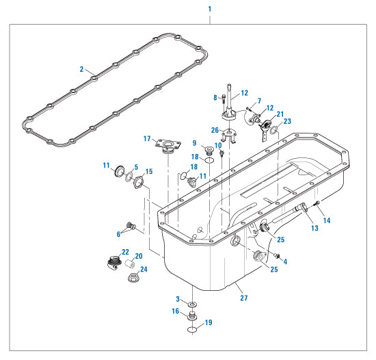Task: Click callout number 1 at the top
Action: click(x=209, y=10)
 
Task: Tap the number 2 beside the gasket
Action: click(x=81, y=69)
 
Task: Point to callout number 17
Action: click(x=146, y=139)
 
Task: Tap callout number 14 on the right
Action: click(x=327, y=220)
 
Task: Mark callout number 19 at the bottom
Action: click(x=209, y=322)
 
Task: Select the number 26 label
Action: click(x=215, y=130)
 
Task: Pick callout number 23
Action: click(x=287, y=121)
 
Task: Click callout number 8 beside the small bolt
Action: click(x=215, y=98)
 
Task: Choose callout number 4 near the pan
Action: click(x=285, y=261)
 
